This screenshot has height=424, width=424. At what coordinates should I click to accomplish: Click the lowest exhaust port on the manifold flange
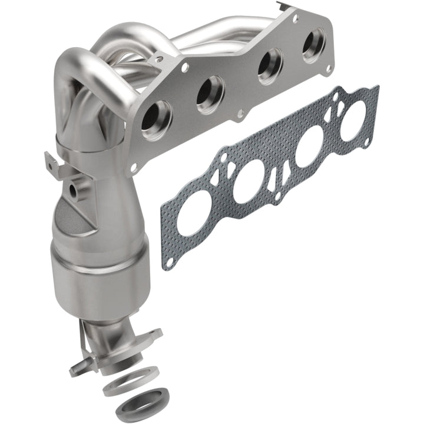[x=156, y=120]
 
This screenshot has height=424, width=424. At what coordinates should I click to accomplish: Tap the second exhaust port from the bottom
[x=210, y=94]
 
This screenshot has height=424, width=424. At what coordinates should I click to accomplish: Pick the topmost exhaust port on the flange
[x=313, y=45]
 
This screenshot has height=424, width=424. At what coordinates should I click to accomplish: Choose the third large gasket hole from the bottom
[x=309, y=151]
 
